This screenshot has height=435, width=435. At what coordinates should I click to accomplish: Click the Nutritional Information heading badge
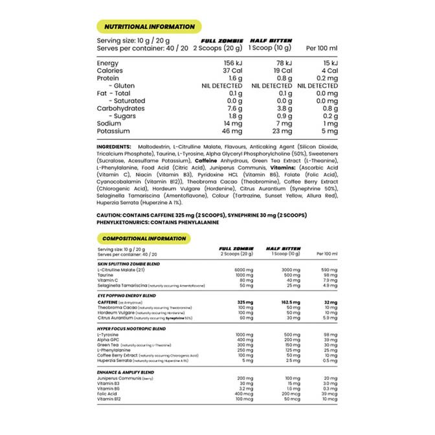(x=149, y=27)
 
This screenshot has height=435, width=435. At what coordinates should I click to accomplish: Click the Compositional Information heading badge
(x=145, y=238)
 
